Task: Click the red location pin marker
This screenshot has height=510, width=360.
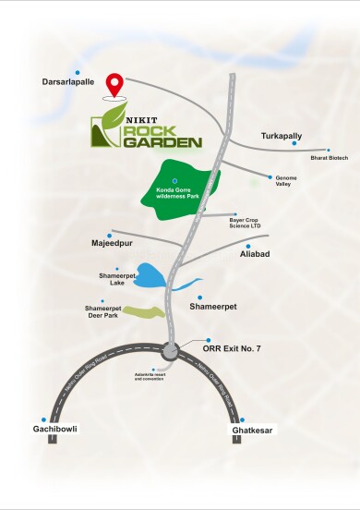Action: (x=115, y=84)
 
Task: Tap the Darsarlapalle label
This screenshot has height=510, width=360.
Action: (x=67, y=82)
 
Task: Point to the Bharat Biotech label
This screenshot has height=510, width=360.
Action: (x=330, y=158)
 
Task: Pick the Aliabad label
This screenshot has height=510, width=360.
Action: (x=255, y=252)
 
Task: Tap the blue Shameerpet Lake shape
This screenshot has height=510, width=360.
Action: (x=155, y=276)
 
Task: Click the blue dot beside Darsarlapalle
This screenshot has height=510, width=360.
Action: (x=78, y=71)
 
